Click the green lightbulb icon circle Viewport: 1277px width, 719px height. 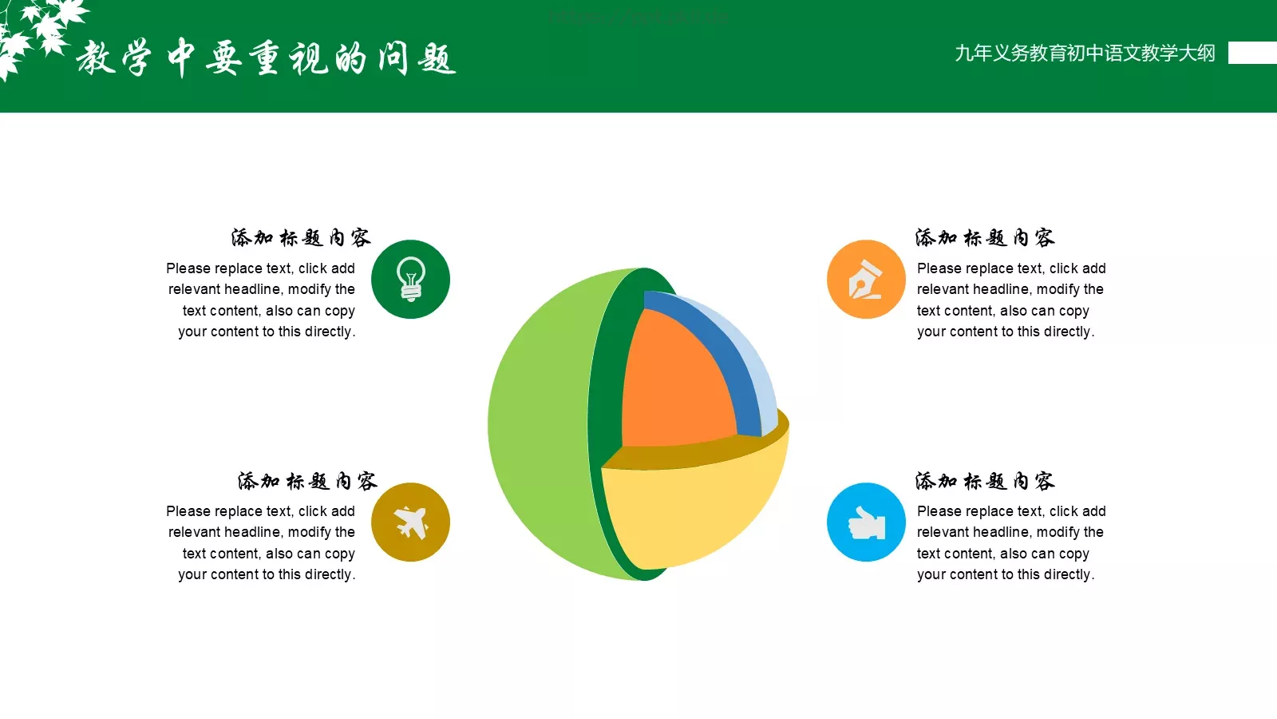tap(410, 279)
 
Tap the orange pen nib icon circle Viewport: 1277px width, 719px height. tap(866, 279)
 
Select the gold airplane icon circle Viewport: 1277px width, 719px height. tap(410, 522)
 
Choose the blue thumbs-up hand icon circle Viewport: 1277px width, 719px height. tap(866, 522)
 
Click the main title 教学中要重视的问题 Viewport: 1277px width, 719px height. tap(266, 58)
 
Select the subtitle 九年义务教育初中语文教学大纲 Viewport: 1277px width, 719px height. tap(1085, 54)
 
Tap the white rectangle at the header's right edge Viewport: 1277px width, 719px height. tap(1252, 53)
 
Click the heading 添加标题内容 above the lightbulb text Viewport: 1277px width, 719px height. tap(301, 237)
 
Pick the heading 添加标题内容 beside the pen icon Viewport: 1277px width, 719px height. tap(984, 237)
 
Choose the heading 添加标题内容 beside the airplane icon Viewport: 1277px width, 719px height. tap(307, 480)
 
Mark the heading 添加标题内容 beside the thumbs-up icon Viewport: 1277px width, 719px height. tap(984, 480)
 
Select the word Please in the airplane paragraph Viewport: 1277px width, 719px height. tap(188, 511)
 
